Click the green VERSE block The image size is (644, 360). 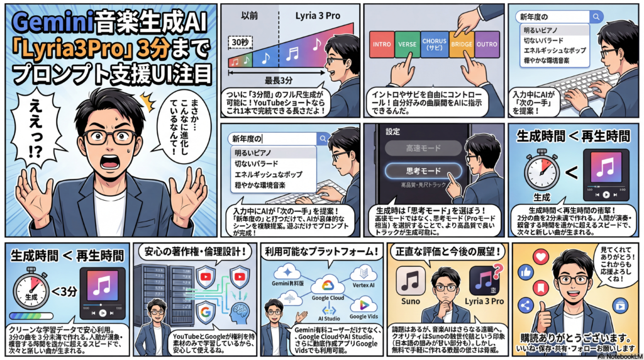[406, 45]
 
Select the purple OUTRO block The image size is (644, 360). [488, 45]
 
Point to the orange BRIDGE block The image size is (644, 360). [462, 45]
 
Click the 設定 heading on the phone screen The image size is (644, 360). [393, 132]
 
